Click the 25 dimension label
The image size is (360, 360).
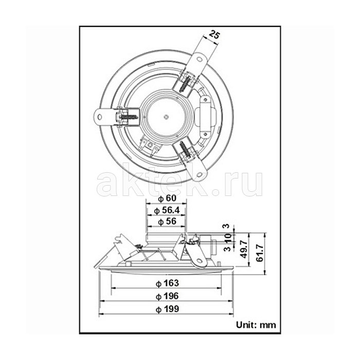click(x=214, y=35)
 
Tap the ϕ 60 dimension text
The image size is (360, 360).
click(x=167, y=199)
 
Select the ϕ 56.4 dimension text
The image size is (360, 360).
click(x=167, y=210)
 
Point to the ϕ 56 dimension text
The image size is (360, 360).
click(x=167, y=222)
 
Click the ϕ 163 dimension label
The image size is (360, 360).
click(x=167, y=283)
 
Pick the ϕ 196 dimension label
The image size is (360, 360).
click(x=167, y=296)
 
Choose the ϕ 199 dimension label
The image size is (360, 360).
click(x=167, y=309)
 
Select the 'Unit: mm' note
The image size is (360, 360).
click(x=256, y=325)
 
